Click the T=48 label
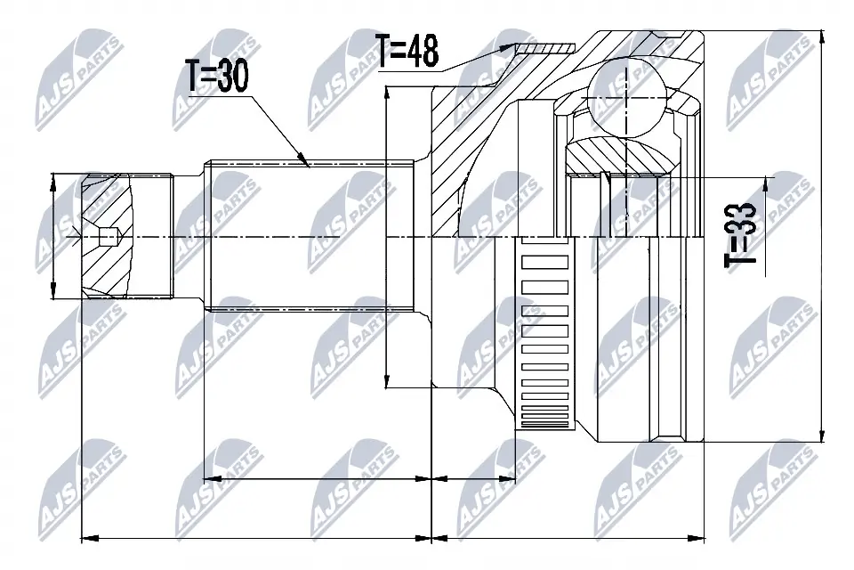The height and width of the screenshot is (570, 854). point(407,51)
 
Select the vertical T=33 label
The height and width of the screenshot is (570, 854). point(740,233)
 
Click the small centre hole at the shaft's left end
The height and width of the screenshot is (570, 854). point(108,237)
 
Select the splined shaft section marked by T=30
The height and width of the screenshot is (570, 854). point(311,236)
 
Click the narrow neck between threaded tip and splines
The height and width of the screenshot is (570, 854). point(189,236)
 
